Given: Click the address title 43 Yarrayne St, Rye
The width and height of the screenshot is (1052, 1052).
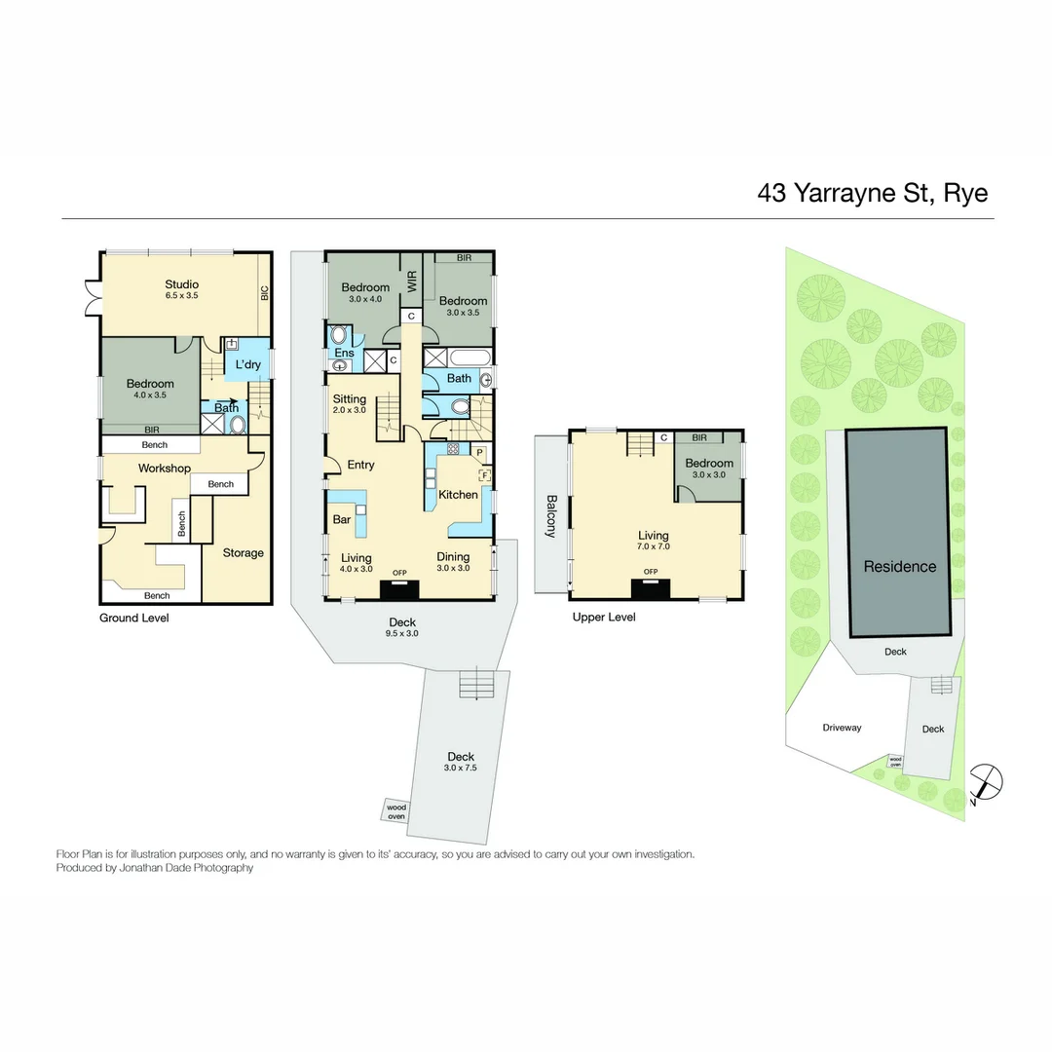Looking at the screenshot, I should [872, 193].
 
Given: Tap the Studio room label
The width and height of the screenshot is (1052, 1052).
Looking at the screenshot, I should [182, 283].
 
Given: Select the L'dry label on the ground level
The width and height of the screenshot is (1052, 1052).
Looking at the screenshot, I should [247, 364].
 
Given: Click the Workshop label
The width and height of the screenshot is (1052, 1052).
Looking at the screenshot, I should [164, 469].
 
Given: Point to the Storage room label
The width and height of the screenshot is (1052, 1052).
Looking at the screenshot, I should [243, 553].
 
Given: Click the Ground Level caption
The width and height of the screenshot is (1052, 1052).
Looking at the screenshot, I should [133, 619].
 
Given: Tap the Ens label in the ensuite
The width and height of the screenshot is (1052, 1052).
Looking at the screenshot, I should [344, 353].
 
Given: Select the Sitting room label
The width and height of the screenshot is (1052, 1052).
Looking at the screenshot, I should [349, 399].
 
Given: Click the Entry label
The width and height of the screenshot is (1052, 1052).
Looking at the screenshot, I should [360, 466].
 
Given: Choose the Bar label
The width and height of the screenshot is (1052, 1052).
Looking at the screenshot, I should [342, 520].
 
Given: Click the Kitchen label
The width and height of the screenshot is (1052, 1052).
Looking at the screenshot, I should [458, 495].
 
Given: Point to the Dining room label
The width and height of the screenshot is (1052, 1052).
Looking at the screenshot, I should [453, 557].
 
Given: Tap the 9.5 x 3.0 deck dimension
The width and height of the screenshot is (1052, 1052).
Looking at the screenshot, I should [402, 634].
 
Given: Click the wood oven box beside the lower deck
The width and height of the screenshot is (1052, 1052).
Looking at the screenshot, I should [396, 810].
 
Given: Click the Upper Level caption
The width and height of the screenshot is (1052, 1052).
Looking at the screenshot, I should [604, 618].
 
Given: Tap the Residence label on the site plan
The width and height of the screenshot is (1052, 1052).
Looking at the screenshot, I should [899, 567].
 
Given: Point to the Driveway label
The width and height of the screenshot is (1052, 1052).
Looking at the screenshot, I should [842, 728].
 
